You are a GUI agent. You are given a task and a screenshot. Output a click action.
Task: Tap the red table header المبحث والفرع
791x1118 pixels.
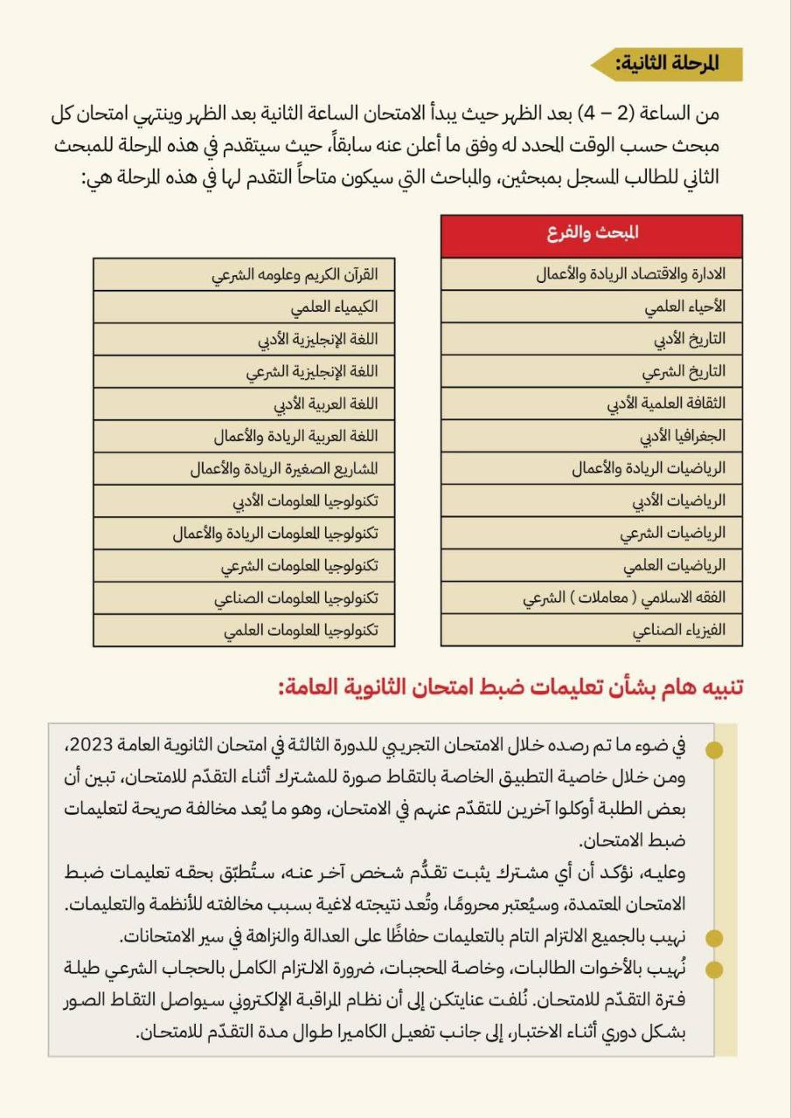pyautogui.click(x=592, y=234)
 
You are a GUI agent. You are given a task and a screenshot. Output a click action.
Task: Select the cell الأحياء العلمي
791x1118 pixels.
pyautogui.click(x=592, y=307)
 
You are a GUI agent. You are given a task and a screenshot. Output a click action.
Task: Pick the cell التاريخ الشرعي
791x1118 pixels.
pyautogui.click(x=592, y=371)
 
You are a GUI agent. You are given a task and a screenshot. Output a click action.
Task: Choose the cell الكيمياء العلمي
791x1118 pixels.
pyautogui.click(x=244, y=307)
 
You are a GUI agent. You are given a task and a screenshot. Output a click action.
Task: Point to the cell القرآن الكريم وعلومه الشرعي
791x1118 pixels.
pyautogui.click(x=244, y=274)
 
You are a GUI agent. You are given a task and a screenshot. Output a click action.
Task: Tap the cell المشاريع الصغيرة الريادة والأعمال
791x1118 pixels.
pyautogui.click(x=244, y=468)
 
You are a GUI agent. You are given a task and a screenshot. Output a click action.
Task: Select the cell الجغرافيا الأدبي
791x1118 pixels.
pyautogui.click(x=592, y=435)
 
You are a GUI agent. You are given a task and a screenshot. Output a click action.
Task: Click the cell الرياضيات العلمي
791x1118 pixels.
pyautogui.click(x=592, y=565)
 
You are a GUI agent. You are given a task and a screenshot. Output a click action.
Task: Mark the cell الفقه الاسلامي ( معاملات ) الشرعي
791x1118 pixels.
pyautogui.click(x=592, y=597)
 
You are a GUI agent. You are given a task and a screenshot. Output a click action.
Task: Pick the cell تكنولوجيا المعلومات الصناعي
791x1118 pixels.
pyautogui.click(x=244, y=597)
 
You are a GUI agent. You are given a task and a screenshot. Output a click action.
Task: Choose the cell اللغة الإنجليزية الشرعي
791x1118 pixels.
pyautogui.click(x=244, y=371)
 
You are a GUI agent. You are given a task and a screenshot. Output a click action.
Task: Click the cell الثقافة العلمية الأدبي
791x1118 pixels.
pyautogui.click(x=592, y=404)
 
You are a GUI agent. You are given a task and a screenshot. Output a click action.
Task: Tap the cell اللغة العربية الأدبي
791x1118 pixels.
pyautogui.click(x=244, y=404)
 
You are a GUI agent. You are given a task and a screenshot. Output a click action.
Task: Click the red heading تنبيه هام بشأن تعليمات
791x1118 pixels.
pyautogui.click(x=511, y=687)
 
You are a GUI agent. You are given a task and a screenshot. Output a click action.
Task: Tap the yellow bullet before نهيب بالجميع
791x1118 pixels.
pyautogui.click(x=715, y=938)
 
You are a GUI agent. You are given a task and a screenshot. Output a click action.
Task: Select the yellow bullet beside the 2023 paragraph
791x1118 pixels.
pyautogui.click(x=715, y=749)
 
